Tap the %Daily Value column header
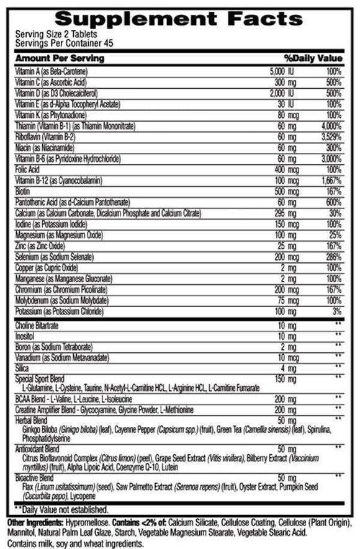pyautogui.click(x=313, y=58)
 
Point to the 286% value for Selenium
pyautogui.click(x=333, y=256)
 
